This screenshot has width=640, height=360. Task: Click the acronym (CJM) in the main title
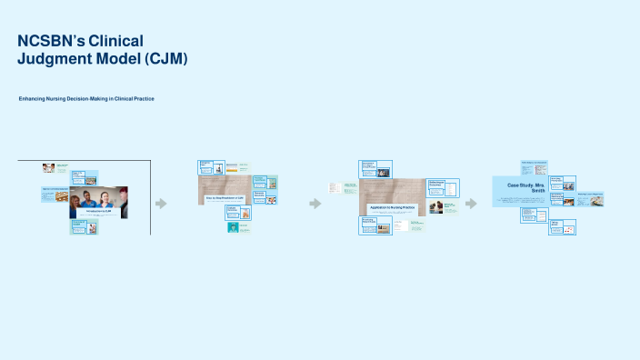point(160,59)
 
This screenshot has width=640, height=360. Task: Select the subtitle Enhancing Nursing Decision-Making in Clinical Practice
point(86,98)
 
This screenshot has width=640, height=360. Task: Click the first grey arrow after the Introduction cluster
point(161,204)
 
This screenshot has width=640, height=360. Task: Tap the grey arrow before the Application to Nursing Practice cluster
point(315,204)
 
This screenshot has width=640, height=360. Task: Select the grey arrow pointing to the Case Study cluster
point(471,204)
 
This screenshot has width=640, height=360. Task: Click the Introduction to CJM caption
point(98,211)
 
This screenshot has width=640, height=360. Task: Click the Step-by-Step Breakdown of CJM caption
point(224,197)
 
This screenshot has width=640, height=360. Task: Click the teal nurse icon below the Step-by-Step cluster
point(233,227)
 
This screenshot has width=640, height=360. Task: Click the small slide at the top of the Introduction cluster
point(55,167)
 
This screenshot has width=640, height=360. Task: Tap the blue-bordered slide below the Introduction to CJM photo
point(85,227)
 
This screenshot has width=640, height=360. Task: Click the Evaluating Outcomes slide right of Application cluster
point(443,187)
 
